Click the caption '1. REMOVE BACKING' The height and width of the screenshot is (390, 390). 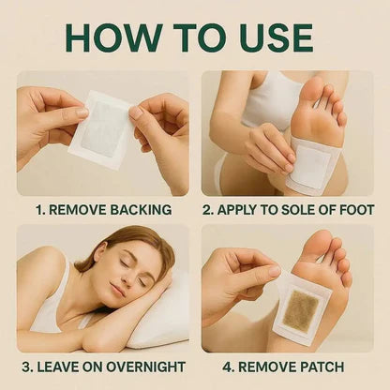[103, 210]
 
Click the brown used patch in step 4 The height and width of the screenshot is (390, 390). [300, 309]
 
